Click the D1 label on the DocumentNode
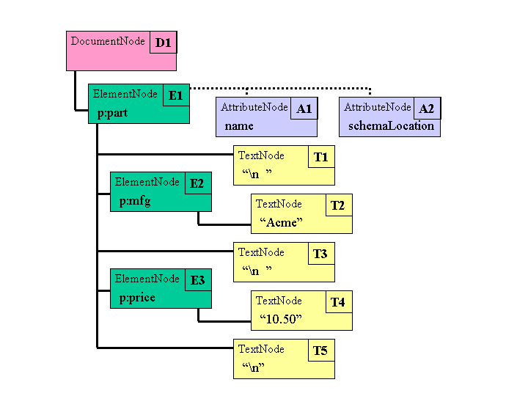pyautogui.click(x=163, y=43)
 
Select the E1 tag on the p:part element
pyautogui.click(x=176, y=95)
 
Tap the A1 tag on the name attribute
pyautogui.click(x=304, y=109)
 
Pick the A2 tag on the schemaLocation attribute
pyautogui.click(x=426, y=109)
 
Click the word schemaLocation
pyautogui.click(x=391, y=126)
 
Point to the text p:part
pyautogui.click(x=113, y=114)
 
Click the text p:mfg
pyautogui.click(x=135, y=200)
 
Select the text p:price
pyautogui.click(x=137, y=297)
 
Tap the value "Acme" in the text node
pyautogui.click(x=281, y=222)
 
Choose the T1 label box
pyautogui.click(x=320, y=157)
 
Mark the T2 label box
pyautogui.click(x=337, y=205)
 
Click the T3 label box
pyautogui.click(x=320, y=254)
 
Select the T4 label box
pyautogui.click(x=337, y=302)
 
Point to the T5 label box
pyautogui.click(x=320, y=351)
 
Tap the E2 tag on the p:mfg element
pyautogui.click(x=197, y=183)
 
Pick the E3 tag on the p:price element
pyautogui.click(x=197, y=280)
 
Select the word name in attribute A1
pyautogui.click(x=239, y=126)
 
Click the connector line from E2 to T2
pyautogui.click(x=220, y=223)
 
